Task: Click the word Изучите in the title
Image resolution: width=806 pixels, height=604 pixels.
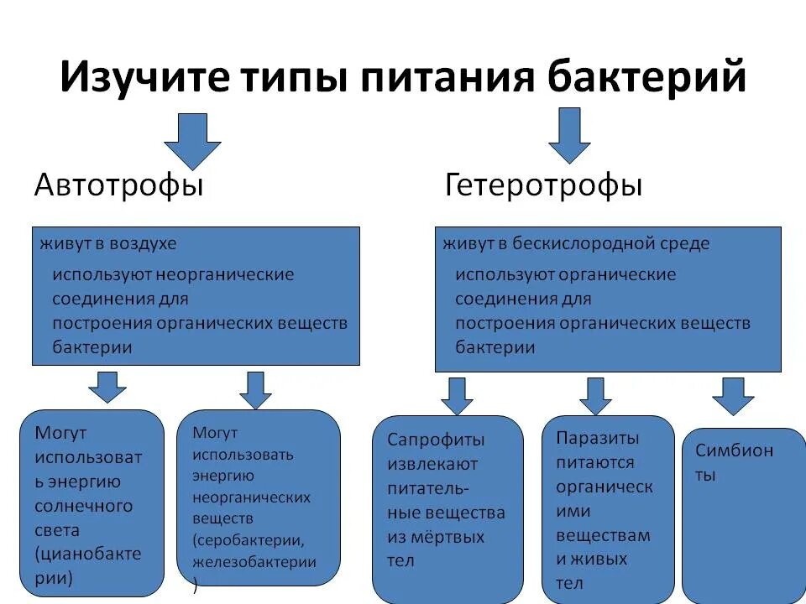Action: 143,78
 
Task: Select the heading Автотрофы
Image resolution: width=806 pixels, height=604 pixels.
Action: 118,185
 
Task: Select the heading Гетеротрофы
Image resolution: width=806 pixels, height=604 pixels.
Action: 543,185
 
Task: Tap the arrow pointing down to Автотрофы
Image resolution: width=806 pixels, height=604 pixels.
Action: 192,141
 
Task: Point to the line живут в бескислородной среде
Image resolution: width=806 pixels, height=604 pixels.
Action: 576,244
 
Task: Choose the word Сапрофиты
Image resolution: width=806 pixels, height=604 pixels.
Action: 436,440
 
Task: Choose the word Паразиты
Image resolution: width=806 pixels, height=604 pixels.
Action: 597,438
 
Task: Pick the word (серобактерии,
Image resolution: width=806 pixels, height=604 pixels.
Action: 249,540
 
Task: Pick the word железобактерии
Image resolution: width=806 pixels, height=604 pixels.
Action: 254,562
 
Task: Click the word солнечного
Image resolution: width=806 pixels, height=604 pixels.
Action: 84,506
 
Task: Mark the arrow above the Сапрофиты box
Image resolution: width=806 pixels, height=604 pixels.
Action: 457,396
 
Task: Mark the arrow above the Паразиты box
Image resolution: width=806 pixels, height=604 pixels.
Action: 595,396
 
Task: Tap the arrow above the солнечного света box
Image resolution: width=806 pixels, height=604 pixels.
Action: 107,388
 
